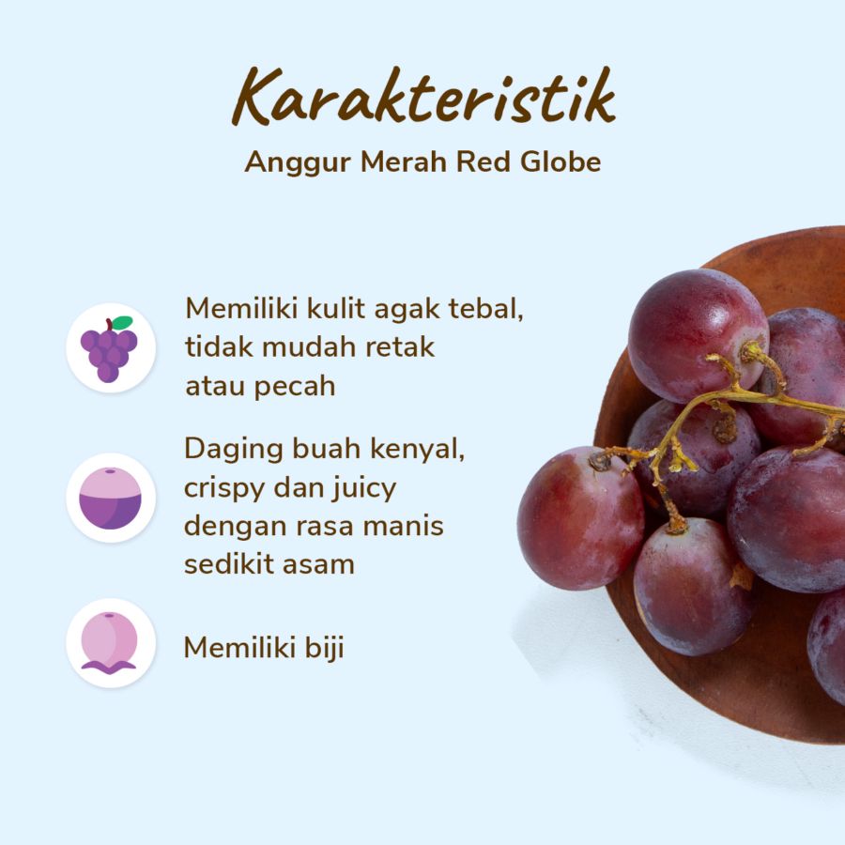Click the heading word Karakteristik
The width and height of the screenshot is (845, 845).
423,96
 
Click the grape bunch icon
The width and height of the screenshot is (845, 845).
110,349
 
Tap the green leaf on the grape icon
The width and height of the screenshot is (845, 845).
121,323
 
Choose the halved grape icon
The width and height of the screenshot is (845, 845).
111,498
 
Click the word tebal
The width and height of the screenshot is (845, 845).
484,310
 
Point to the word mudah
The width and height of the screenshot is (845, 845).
299,347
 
